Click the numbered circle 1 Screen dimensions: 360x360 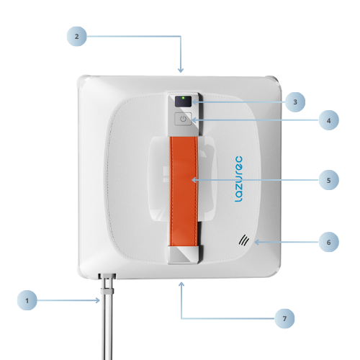27,300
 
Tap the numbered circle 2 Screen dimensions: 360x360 76,36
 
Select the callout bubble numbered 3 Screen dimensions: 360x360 295,102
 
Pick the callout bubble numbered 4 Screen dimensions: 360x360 329,120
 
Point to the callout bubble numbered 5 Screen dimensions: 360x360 329,180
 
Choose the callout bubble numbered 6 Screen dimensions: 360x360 329,242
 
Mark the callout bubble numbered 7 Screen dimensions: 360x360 284,318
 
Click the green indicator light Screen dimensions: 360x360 184,98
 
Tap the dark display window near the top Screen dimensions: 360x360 184,102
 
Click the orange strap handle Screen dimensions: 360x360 184,192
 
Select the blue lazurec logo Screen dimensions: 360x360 238,179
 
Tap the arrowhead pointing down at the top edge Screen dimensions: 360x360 181,70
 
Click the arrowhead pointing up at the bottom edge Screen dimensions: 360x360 181,284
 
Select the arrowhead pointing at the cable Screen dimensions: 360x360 98,300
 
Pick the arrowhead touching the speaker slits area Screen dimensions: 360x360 257,242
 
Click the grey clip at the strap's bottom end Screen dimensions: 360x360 184,255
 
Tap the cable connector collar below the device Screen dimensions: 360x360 107,292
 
